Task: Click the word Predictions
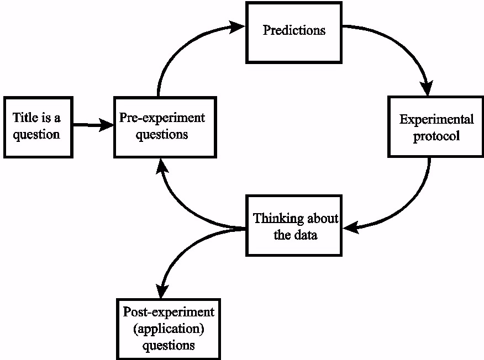pos(294,30)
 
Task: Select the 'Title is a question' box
pos(38,127)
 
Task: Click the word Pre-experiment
pos(162,118)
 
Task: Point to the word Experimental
pos(436,119)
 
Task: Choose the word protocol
pos(436,136)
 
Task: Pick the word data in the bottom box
pos(307,235)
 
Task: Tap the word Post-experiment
pos(169,312)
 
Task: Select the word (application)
pos(169,329)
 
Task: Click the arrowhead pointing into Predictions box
pos(238,26)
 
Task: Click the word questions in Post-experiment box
pos(169,346)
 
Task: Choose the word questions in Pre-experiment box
pos(162,134)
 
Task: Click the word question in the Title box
pos(36,135)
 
